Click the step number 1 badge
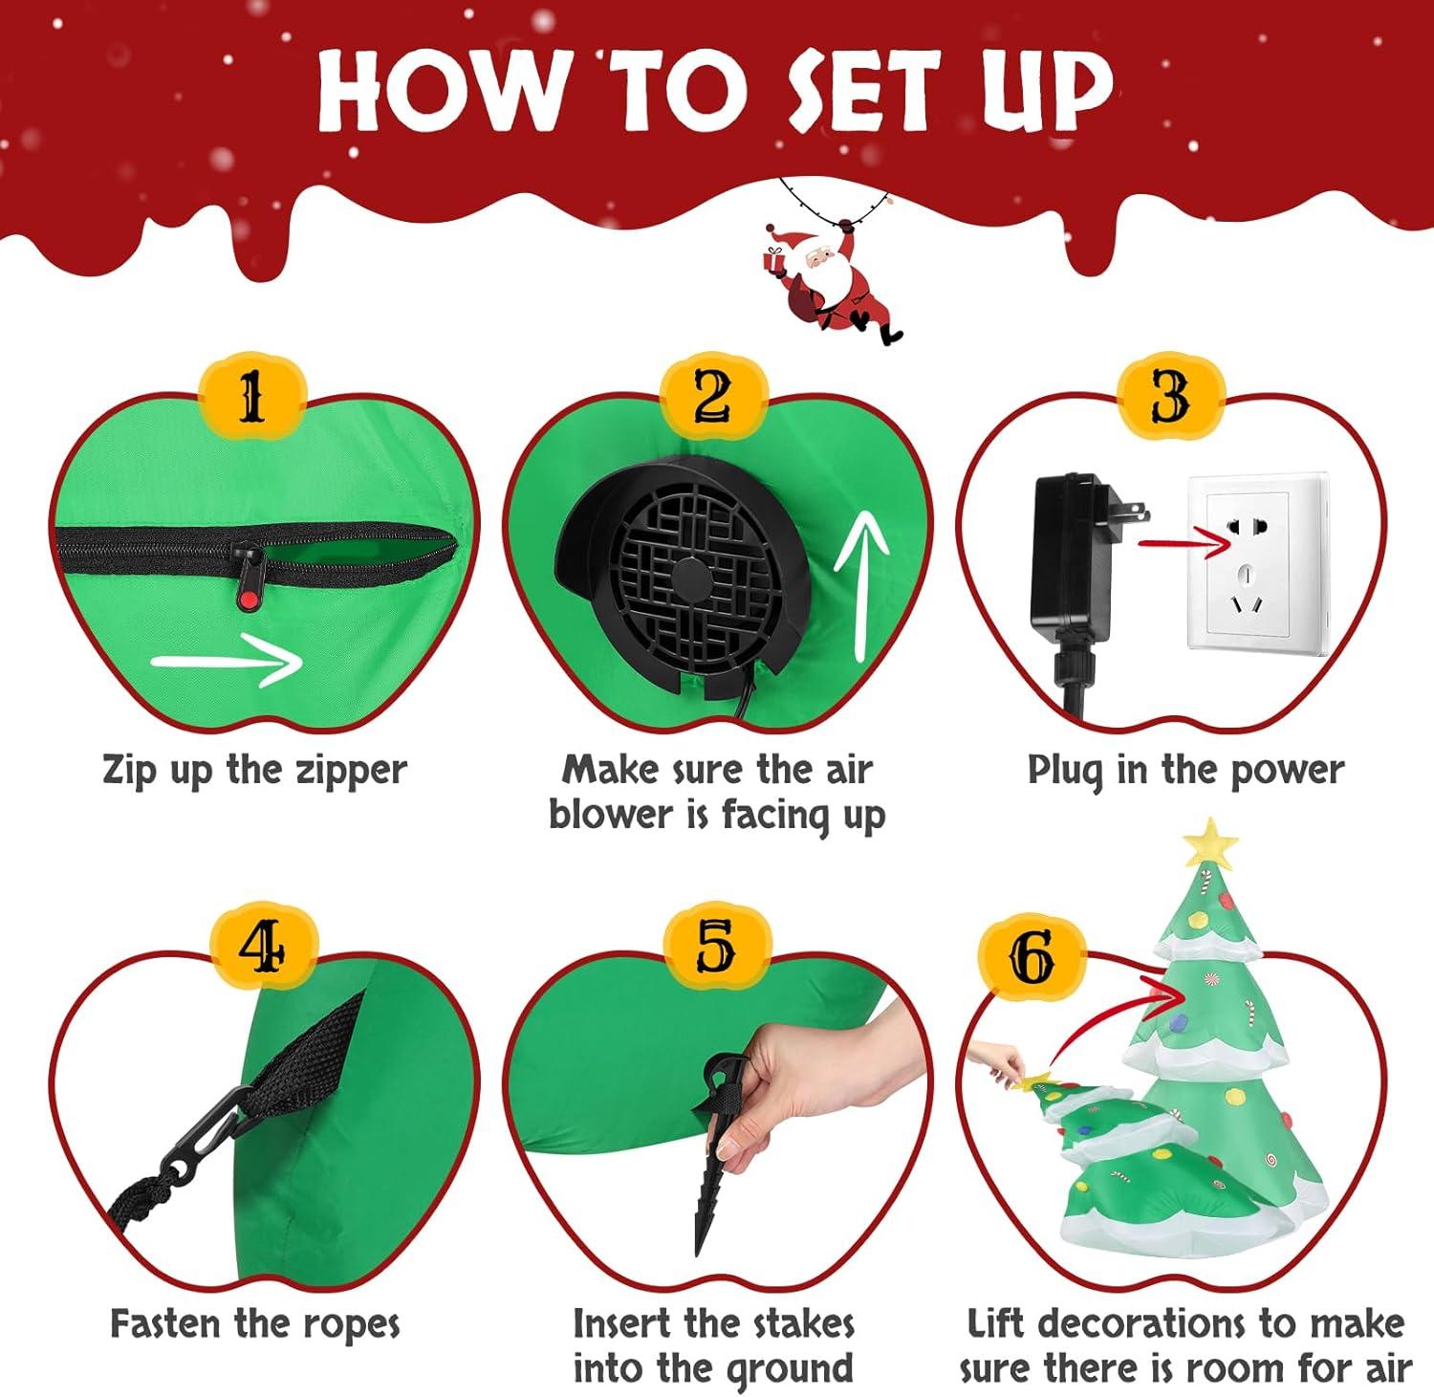pos(250,397)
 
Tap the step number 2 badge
pos(713,397)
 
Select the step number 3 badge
pos(1170,397)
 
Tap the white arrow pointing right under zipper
pos(227,659)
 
